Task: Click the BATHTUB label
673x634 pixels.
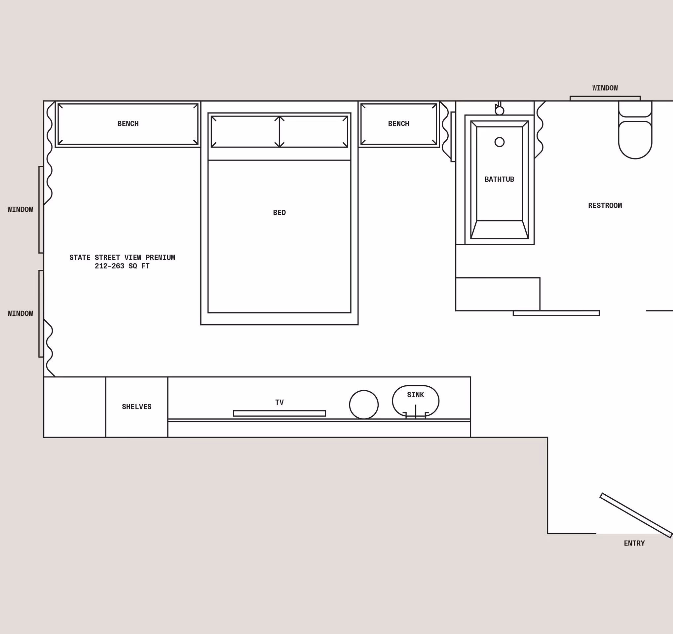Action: tap(499, 179)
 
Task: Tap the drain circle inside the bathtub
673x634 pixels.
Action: tap(499, 142)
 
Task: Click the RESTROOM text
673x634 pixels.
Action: tap(605, 205)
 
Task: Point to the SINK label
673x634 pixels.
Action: tap(415, 395)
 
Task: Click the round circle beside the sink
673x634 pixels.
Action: tap(363, 405)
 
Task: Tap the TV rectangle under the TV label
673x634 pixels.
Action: tap(279, 413)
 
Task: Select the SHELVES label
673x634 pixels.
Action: tap(136, 407)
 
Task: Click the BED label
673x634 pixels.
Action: tap(279, 212)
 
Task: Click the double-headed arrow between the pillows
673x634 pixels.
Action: tap(279, 132)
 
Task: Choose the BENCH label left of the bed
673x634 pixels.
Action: tap(128, 124)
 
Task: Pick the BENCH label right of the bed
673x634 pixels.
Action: tap(398, 124)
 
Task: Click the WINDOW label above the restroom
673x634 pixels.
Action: tap(605, 88)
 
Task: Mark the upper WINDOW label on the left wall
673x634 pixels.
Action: tap(20, 209)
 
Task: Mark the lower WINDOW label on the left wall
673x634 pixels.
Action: tap(20, 313)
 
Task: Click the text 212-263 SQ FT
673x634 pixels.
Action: tap(122, 266)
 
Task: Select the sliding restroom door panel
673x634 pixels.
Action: tap(556, 313)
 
